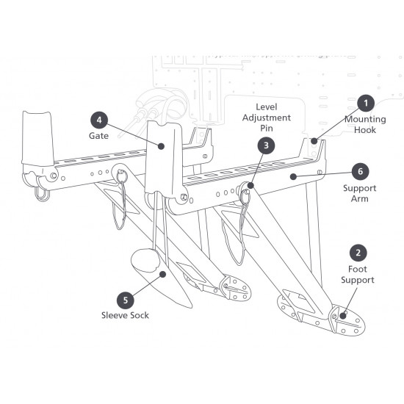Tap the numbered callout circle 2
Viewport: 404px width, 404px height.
click(x=358, y=253)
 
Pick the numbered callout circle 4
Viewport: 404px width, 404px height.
click(x=100, y=120)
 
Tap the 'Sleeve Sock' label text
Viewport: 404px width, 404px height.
click(x=125, y=317)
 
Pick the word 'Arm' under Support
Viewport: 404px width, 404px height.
click(x=358, y=198)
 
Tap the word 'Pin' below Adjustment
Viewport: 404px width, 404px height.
click(x=266, y=128)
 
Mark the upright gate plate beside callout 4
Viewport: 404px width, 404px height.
click(x=163, y=156)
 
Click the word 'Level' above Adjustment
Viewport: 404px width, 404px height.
click(x=266, y=107)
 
